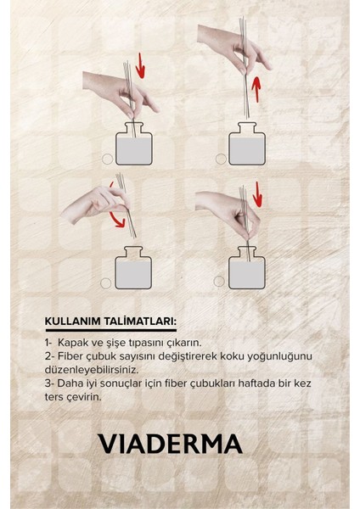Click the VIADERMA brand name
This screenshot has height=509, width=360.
pos(171,444)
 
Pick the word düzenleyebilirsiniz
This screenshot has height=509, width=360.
pos(92,370)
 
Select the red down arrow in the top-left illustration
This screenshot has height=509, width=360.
pos(140,66)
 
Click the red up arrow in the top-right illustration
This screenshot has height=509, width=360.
pos(256,89)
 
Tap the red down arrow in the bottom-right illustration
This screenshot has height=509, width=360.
pos(257,194)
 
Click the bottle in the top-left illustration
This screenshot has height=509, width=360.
pos(134,143)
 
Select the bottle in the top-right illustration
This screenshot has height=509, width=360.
pos(247,143)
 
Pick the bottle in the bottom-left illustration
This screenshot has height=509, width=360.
pos(133,267)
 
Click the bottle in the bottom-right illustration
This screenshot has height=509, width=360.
pos(247,267)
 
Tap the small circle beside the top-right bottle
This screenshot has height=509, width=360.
pos(221,159)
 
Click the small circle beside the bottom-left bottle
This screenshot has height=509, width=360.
pos(106,283)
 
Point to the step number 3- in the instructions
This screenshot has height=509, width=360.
pos(49,383)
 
